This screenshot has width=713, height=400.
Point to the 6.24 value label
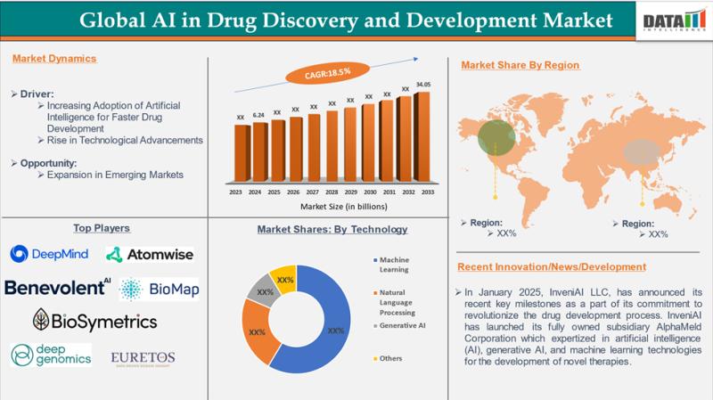258,116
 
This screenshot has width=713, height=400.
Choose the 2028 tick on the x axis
332,192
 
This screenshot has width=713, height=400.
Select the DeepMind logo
50,254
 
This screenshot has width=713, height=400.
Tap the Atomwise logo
149,255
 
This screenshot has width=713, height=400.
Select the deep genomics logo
51,355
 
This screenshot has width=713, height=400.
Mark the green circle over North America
496,136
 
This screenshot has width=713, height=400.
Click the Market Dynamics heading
54,59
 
